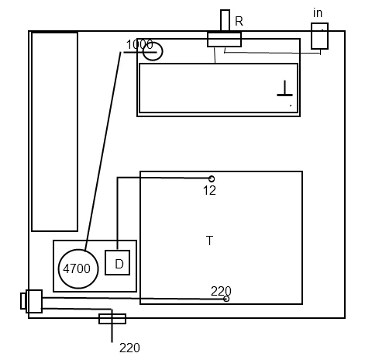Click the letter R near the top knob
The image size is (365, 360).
click(239, 21)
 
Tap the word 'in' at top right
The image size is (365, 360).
click(318, 13)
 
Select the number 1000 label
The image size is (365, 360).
click(139, 44)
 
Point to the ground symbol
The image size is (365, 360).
click(284, 88)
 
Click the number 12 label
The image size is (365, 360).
click(209, 191)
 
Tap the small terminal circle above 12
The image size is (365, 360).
click(212, 178)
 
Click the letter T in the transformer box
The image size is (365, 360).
click(209, 241)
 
